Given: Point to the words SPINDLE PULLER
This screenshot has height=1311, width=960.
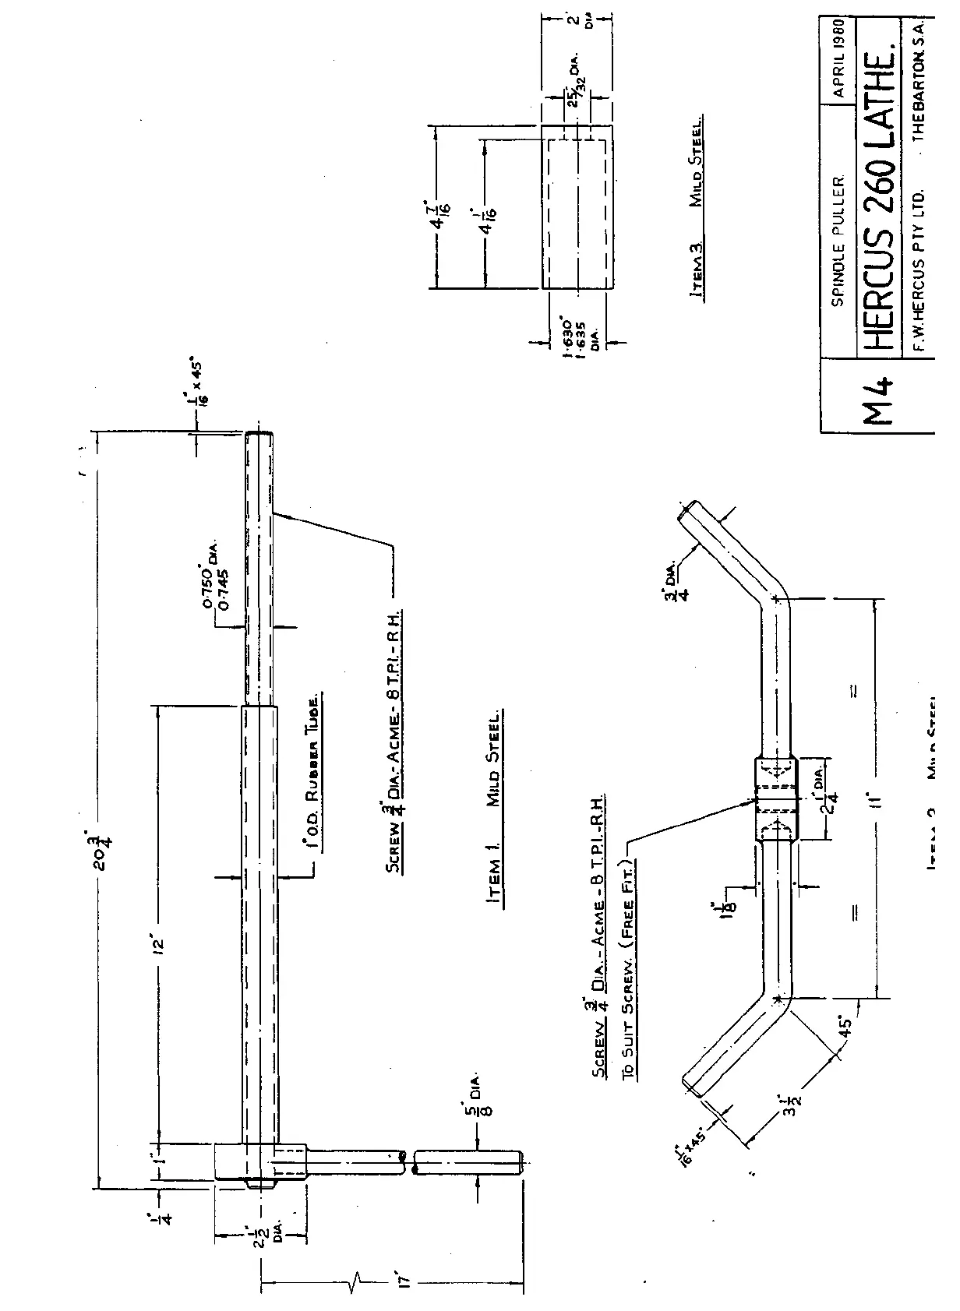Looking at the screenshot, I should (x=838, y=241).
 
